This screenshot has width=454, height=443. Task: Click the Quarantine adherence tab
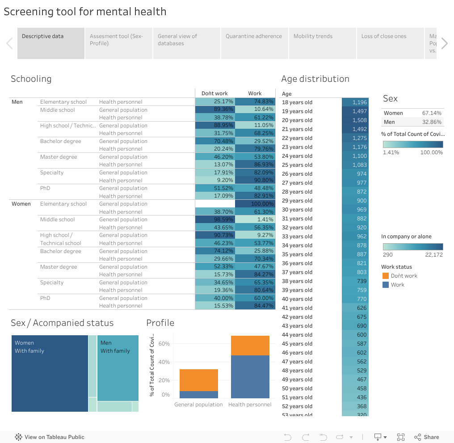[254, 36]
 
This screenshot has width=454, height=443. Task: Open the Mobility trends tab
[313, 36]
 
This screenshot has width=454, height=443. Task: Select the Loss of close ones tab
[384, 36]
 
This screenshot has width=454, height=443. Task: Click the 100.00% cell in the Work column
[255, 204]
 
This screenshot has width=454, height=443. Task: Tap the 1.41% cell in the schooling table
[255, 219]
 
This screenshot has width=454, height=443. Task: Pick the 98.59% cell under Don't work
[215, 219]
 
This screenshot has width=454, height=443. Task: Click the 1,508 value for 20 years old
[355, 120]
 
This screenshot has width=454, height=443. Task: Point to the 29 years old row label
[297, 201]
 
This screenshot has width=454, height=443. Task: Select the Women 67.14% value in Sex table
[431, 113]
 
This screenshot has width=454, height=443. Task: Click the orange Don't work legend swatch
[386, 276]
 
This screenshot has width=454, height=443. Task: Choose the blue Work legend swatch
[386, 285]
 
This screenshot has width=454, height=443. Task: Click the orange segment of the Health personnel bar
[250, 346]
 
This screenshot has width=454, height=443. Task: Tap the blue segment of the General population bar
[199, 395]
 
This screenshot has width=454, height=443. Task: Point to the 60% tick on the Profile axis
[164, 344]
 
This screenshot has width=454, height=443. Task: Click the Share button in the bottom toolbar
[427, 437]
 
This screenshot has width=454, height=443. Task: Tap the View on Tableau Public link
[50, 437]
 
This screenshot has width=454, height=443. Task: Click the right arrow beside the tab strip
[444, 43]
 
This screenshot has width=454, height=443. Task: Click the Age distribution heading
[315, 79]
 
